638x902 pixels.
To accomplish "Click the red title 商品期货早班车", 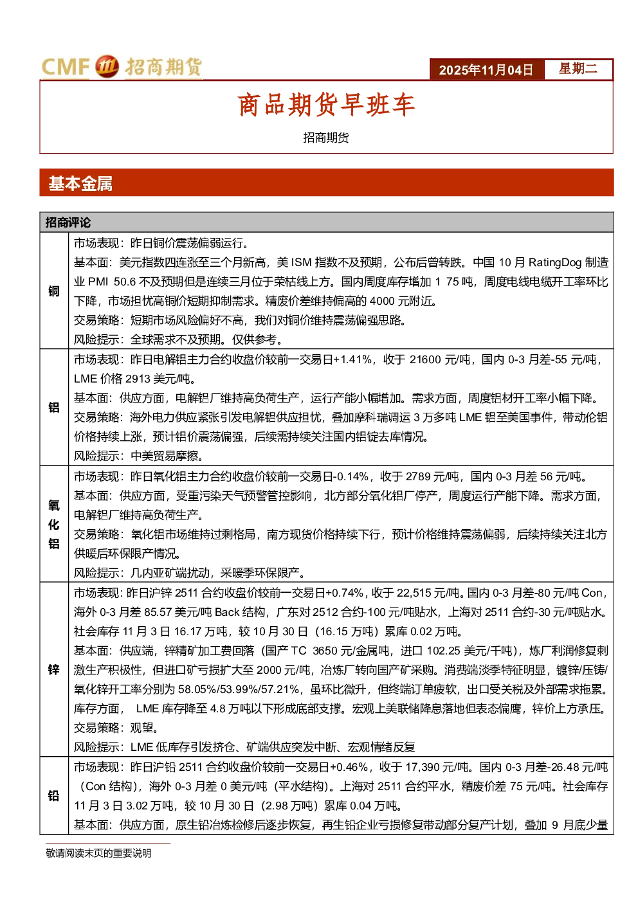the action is coord(326,105).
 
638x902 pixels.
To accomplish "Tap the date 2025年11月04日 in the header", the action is coord(486,70).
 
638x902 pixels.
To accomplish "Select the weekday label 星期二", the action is coord(578,68).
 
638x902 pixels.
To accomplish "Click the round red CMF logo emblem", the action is coord(107,66).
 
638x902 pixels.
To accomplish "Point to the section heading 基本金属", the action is coord(80,183).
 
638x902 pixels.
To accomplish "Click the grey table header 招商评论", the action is coord(68,222).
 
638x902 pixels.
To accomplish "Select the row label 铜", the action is coord(54,291).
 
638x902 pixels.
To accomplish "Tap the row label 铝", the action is coord(54,407).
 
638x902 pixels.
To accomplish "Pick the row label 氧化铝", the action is coord(54,524).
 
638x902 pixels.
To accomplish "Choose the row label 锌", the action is coord(54,670).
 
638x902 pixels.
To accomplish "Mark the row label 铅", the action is coord(54,796).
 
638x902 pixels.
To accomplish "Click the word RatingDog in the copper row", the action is coord(554,263).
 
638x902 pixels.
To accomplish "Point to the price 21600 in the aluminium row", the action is coord(425,359).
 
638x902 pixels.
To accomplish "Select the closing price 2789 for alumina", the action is coord(419,477).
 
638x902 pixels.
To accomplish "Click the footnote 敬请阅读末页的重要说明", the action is coord(98,853).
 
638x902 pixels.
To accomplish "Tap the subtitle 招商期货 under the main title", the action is coord(326,138).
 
